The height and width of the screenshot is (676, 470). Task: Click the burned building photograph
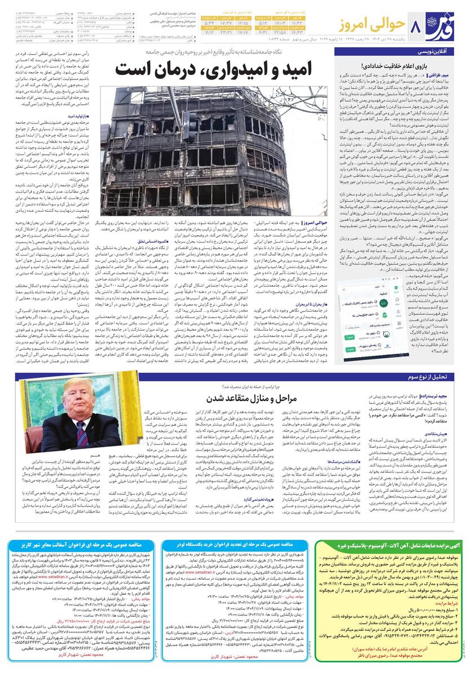click(197, 152)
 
